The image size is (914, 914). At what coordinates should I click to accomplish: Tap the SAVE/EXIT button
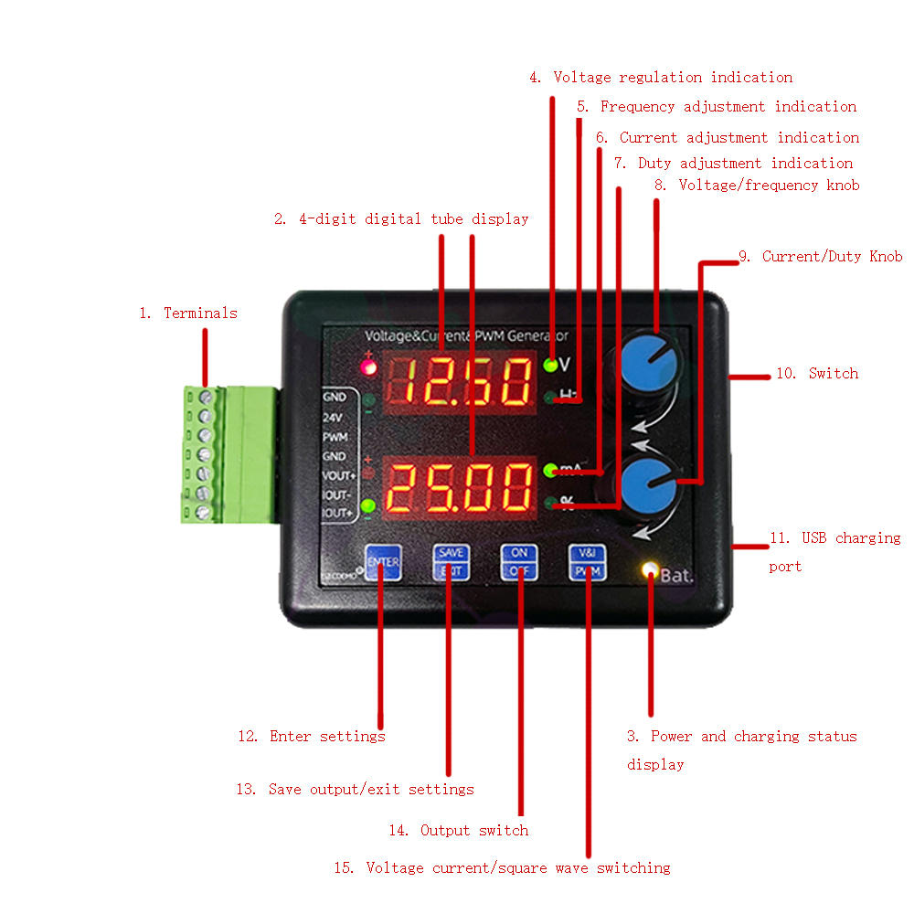click(x=450, y=561)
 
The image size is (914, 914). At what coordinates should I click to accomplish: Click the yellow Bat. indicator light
click(x=650, y=571)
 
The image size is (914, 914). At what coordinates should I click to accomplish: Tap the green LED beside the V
click(x=550, y=365)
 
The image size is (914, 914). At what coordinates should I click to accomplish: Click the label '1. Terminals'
click(x=187, y=313)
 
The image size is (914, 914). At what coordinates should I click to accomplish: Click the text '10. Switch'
click(x=817, y=373)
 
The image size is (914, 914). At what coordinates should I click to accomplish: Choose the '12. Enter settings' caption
click(x=311, y=736)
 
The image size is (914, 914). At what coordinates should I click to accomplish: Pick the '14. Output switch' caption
click(x=458, y=830)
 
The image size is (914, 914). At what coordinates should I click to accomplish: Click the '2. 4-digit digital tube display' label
click(x=401, y=218)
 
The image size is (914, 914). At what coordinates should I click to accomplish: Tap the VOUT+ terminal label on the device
click(x=338, y=475)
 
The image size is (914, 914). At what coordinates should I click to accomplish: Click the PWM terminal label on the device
click(x=335, y=437)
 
